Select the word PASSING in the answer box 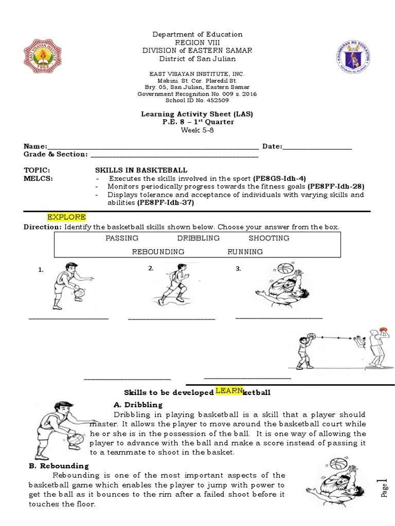coord(122,238)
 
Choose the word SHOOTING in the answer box coord(268,238)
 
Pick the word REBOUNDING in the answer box coord(158,252)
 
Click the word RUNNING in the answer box coord(245,252)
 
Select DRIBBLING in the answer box coord(198,238)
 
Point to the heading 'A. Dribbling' coord(137,405)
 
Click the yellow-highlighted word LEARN coord(228,391)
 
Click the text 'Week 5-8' coord(197,129)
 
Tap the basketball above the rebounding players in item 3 coord(284,268)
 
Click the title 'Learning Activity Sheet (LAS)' coord(197,114)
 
